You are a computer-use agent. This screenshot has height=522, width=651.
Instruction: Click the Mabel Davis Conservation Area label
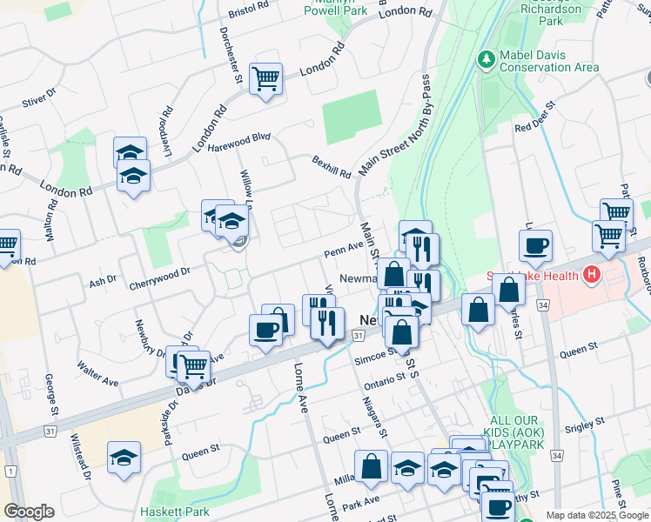(548, 61)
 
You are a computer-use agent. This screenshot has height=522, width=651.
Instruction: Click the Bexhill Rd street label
(332, 166)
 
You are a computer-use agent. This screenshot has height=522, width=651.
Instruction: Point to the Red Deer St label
(535, 117)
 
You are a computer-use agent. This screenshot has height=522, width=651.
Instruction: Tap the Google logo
(30, 512)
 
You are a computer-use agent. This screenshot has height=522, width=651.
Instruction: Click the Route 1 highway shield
(10, 471)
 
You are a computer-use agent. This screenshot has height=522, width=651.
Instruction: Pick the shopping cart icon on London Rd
(265, 78)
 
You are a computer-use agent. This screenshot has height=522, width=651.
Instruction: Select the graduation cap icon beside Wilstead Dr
(124, 457)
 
